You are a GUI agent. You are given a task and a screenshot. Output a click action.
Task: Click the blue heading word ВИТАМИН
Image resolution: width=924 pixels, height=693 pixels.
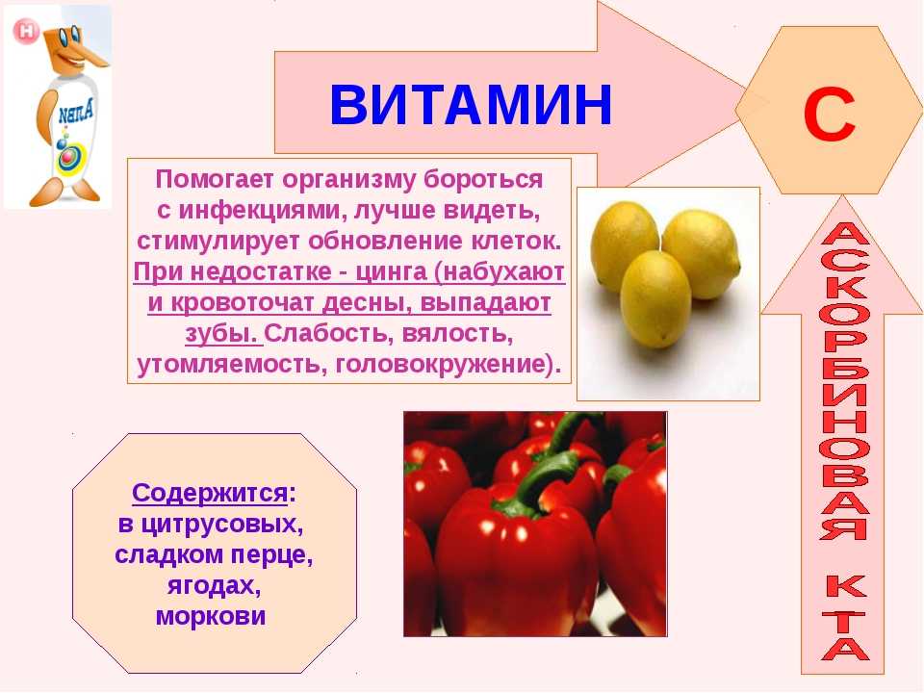(x=471, y=105)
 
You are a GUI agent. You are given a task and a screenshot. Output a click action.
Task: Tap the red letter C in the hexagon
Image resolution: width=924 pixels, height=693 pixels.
(x=829, y=115)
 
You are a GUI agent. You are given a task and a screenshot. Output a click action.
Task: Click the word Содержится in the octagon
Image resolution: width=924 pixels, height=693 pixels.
(x=209, y=493)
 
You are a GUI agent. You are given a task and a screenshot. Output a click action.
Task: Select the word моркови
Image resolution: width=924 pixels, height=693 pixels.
(x=211, y=616)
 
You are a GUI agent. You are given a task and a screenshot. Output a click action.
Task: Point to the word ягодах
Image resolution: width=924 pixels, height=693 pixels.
(x=214, y=586)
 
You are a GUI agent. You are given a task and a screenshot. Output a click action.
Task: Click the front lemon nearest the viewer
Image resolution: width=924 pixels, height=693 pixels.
(x=654, y=298)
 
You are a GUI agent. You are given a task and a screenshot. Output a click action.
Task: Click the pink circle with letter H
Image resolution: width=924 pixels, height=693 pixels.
(x=26, y=31)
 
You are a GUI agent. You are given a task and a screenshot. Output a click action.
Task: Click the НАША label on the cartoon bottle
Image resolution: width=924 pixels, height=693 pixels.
(x=75, y=112)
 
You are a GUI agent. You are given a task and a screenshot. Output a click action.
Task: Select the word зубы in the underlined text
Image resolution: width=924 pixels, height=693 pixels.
(x=221, y=334)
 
